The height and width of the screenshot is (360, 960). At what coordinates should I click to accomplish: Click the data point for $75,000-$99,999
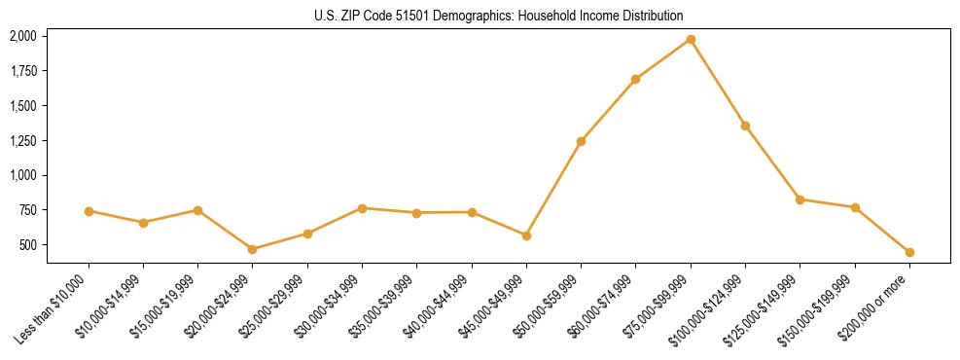pyautogui.click(x=691, y=39)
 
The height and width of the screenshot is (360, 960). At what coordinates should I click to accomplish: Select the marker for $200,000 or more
pyautogui.click(x=909, y=252)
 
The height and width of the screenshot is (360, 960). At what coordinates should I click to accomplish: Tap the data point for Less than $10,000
pyautogui.click(x=89, y=211)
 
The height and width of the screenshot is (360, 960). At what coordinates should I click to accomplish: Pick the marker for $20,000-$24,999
pyautogui.click(x=253, y=249)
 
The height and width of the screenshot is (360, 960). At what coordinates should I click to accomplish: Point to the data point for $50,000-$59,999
pyautogui.click(x=581, y=141)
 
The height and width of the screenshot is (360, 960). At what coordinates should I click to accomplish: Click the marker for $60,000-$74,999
pyautogui.click(x=635, y=79)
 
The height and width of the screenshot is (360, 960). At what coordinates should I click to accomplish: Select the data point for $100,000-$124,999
pyautogui.click(x=745, y=126)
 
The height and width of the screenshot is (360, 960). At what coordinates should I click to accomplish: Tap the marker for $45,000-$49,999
pyautogui.click(x=526, y=235)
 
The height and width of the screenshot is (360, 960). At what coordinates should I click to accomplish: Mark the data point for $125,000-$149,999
pyautogui.click(x=800, y=199)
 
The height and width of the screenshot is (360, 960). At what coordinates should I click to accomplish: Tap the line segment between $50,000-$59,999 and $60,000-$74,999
pyautogui.click(x=608, y=110)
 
